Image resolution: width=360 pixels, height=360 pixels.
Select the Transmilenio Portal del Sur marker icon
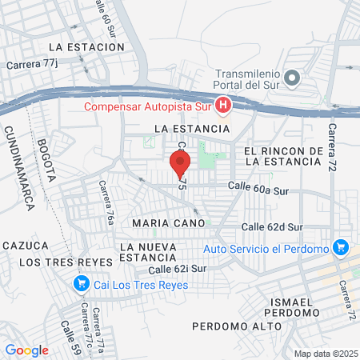click(292, 78)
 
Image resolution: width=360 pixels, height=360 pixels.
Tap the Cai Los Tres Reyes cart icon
click(80, 282)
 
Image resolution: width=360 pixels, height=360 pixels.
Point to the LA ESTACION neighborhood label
click(86, 47)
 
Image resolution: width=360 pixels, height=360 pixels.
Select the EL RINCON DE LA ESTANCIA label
click(284, 156)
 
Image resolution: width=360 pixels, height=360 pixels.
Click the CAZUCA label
click(26, 245)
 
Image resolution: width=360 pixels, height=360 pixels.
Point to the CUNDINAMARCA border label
click(18, 168)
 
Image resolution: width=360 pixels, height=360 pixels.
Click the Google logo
click(27, 350)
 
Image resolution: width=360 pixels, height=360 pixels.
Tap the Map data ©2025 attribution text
click(326, 354)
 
